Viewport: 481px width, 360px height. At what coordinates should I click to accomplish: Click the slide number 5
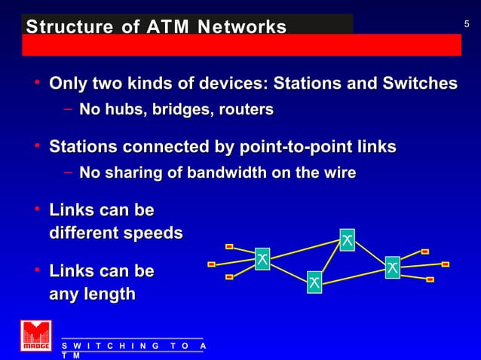click(467, 25)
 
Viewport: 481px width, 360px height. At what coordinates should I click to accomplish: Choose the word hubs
click(127, 111)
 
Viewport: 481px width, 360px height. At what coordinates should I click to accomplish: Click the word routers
click(246, 111)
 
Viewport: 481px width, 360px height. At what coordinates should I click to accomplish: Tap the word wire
click(338, 173)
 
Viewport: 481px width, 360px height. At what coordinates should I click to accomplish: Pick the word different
click(80, 233)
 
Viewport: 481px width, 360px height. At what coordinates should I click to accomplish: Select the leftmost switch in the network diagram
click(262, 259)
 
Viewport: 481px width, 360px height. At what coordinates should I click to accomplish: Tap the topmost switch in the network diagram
click(347, 239)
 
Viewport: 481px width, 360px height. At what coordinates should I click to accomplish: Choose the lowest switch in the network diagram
click(314, 282)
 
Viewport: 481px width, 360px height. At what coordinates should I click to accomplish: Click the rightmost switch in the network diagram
click(393, 267)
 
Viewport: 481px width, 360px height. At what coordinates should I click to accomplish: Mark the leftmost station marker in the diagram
click(212, 264)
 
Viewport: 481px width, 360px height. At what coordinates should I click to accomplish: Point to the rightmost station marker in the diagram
click(446, 264)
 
